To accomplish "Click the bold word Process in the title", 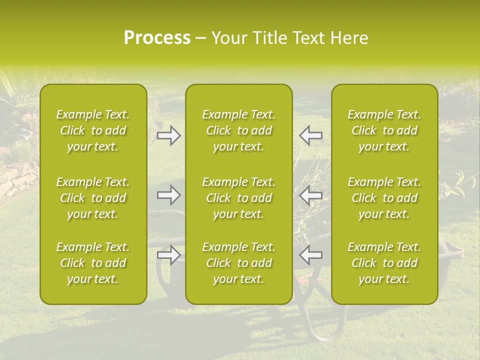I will pyautogui.click(x=157, y=38).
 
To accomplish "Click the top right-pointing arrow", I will pyautogui.click(x=168, y=135).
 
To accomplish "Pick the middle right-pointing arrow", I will pyautogui.click(x=168, y=195).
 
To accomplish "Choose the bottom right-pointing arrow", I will pyautogui.click(x=168, y=254).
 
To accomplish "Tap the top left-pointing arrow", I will pyautogui.click(x=311, y=135).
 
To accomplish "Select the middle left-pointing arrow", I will pyautogui.click(x=311, y=195).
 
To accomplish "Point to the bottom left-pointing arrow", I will pyautogui.click(x=311, y=254).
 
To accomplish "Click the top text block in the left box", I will pyautogui.click(x=93, y=130).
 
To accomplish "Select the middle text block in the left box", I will pyautogui.click(x=93, y=198).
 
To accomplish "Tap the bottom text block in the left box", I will pyautogui.click(x=93, y=263).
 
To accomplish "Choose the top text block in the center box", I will pyautogui.click(x=238, y=130).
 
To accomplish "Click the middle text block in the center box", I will pyautogui.click(x=238, y=198).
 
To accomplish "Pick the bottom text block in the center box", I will pyautogui.click(x=238, y=263).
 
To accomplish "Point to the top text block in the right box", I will pyautogui.click(x=384, y=130).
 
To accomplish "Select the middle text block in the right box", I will pyautogui.click(x=384, y=198).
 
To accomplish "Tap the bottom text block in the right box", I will pyautogui.click(x=384, y=263).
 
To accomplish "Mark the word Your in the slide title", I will pyautogui.click(x=228, y=38).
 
